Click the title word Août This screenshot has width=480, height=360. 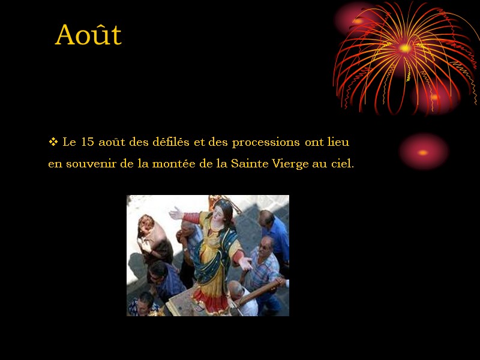tap(88, 35)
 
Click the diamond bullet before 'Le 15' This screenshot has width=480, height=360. tap(52, 142)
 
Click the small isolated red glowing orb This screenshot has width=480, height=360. tap(424, 152)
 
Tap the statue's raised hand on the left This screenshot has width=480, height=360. tap(175, 213)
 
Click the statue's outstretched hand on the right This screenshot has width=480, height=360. tap(246, 262)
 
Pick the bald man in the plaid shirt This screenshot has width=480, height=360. tap(265, 264)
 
